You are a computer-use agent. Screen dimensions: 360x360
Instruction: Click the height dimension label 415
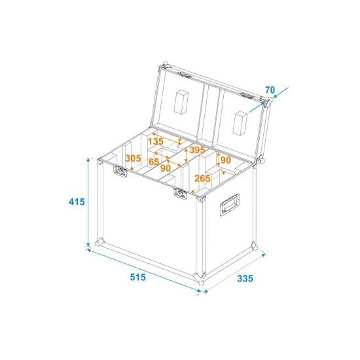pyautogui.click(x=77, y=202)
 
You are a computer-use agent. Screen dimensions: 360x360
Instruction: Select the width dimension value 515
pyautogui.click(x=137, y=278)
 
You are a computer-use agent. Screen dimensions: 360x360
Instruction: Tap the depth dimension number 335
pyautogui.click(x=244, y=278)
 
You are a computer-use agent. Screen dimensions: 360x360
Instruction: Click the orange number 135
pyautogui.click(x=155, y=141)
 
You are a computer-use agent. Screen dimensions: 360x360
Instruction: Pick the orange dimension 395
pyautogui.click(x=198, y=150)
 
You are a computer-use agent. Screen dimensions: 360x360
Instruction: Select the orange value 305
pyautogui.click(x=133, y=158)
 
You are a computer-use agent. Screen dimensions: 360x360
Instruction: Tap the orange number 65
pyautogui.click(x=154, y=161)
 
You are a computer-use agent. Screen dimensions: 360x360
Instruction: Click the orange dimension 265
pyautogui.click(x=202, y=179)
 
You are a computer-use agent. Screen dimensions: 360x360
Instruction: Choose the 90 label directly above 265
pyautogui.click(x=225, y=160)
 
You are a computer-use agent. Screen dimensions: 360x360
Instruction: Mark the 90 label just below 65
pyautogui.click(x=165, y=168)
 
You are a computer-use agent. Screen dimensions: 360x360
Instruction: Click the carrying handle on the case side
pyautogui.click(x=231, y=205)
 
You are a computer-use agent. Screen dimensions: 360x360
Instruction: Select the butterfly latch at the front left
pyautogui.click(x=120, y=171)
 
